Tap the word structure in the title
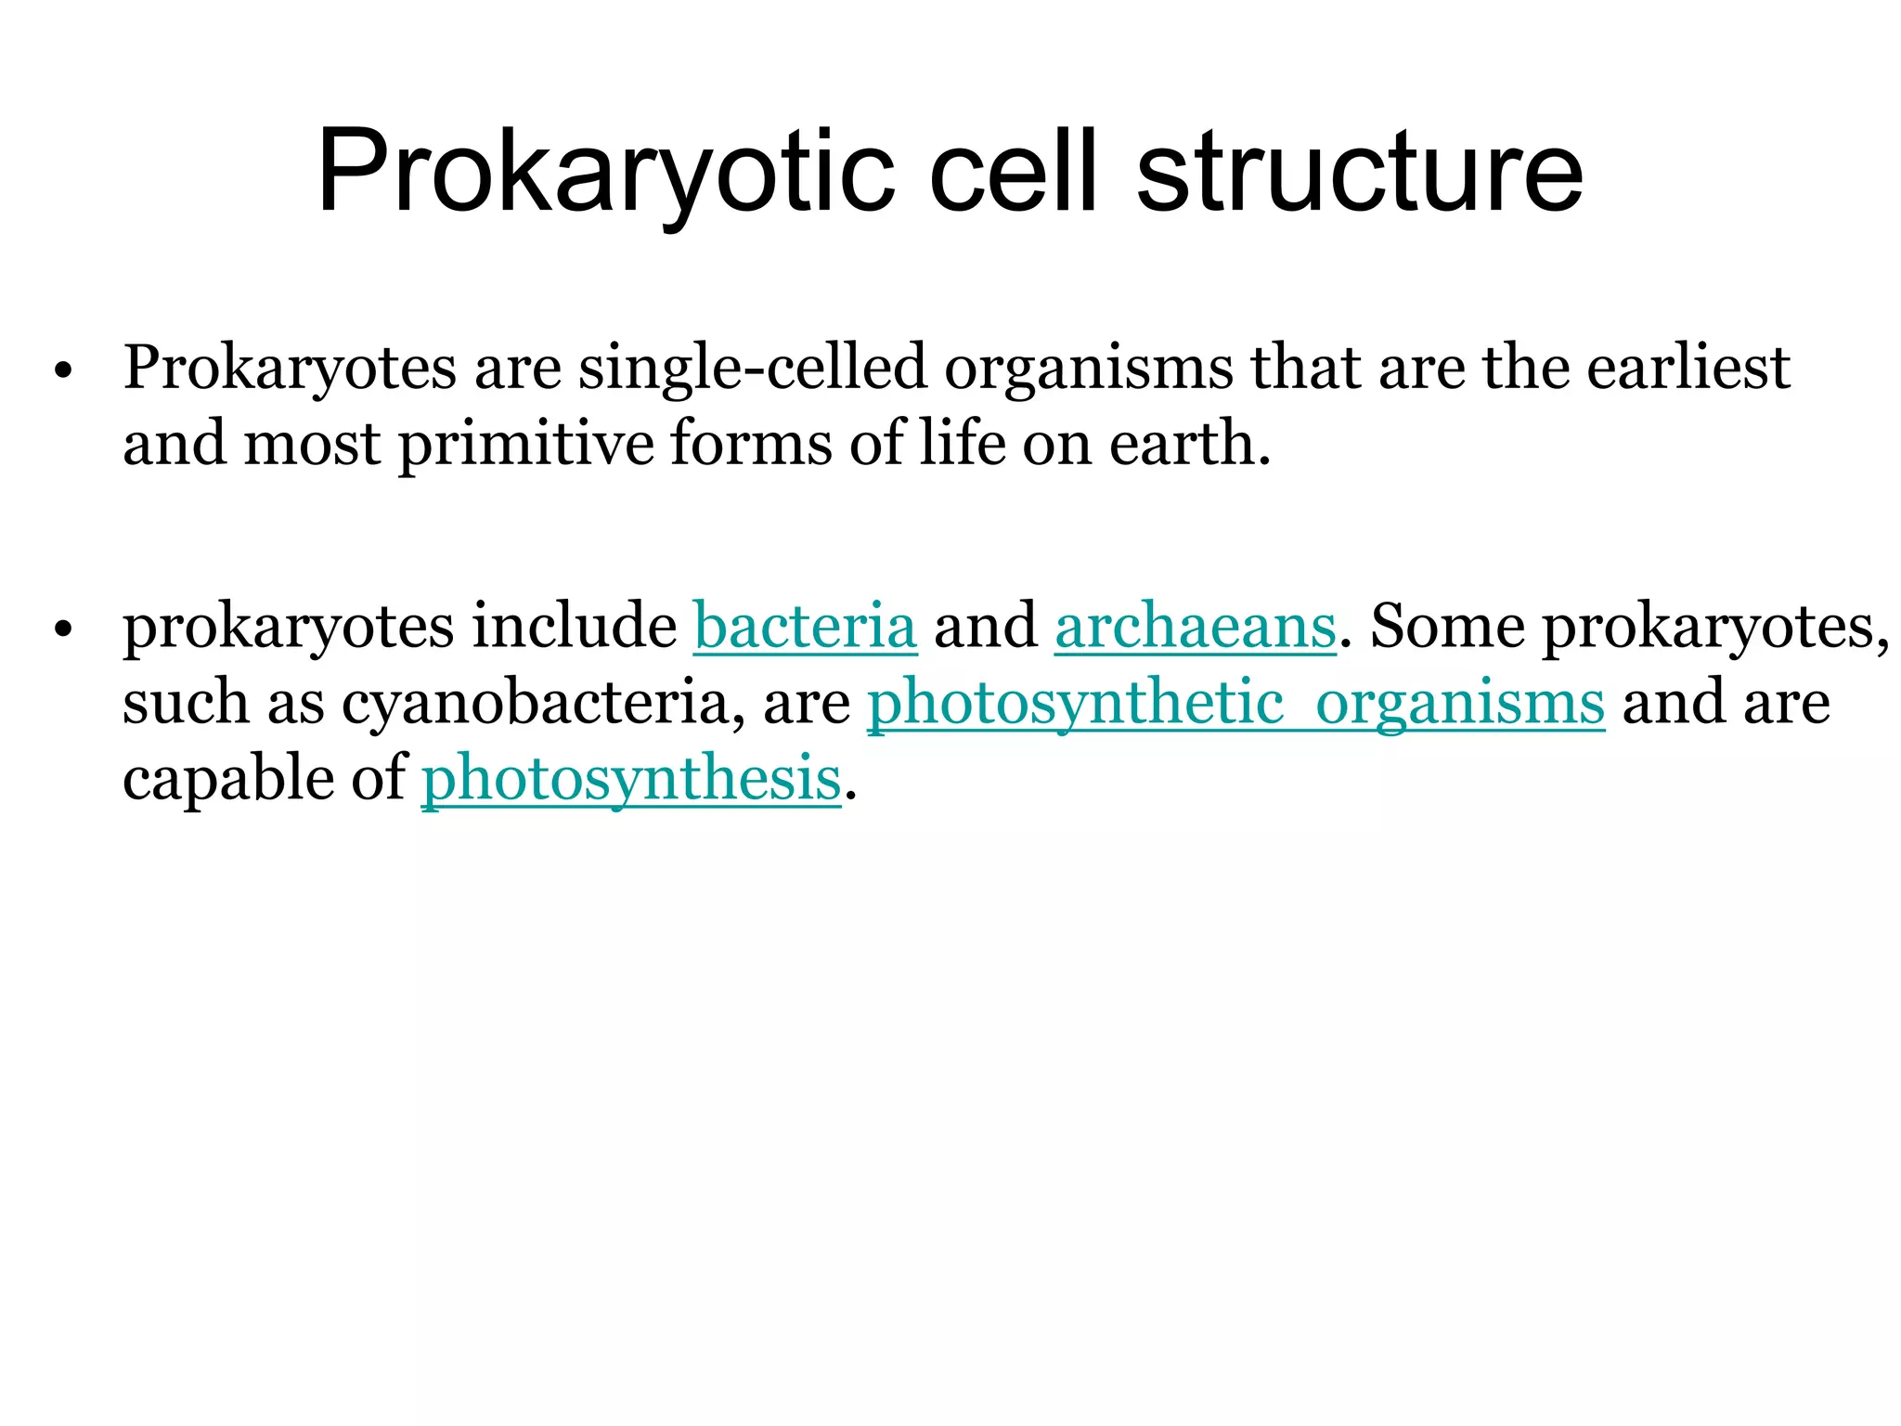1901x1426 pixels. [1359, 174]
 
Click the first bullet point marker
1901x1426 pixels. [63, 371]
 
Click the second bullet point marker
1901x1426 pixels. [63, 630]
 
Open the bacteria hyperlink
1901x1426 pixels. [805, 627]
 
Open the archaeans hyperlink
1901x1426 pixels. [1195, 627]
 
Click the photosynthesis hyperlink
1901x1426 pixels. [631, 779]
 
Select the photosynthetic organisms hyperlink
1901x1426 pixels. [1235, 703]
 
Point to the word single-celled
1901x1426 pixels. [753, 369]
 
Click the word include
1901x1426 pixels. [575, 627]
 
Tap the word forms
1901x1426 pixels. [752, 445]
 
